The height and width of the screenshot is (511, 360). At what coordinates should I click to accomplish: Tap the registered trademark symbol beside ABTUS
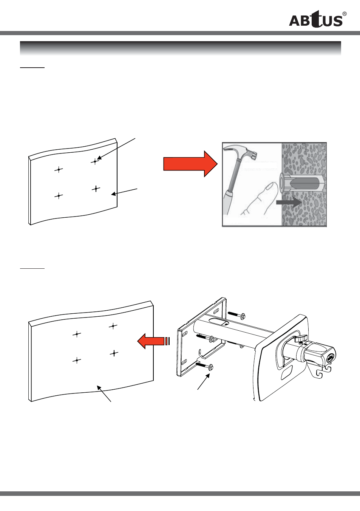click(x=345, y=14)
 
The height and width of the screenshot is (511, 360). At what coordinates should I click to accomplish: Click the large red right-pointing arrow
click(x=190, y=164)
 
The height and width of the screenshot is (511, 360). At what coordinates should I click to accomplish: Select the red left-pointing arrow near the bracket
click(x=153, y=341)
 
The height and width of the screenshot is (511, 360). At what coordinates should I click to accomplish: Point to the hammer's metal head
click(x=242, y=153)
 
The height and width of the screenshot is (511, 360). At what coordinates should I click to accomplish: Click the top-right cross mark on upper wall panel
click(x=95, y=161)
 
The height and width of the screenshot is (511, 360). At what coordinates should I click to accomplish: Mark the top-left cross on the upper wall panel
click(x=59, y=169)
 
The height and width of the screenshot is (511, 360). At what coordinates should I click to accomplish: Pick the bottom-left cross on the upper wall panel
click(x=59, y=196)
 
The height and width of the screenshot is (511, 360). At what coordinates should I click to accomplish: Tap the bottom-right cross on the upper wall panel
click(x=96, y=189)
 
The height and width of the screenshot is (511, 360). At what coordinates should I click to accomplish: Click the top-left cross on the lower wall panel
click(x=77, y=334)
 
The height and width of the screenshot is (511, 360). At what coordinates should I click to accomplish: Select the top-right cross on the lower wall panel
click(x=113, y=326)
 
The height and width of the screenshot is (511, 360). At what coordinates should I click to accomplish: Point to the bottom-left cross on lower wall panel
click(x=77, y=361)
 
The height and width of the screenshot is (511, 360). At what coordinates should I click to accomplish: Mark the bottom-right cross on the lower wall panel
click(x=114, y=353)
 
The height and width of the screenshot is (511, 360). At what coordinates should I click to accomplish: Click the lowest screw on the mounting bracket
click(x=204, y=366)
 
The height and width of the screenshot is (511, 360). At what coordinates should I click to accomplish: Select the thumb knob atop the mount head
click(x=301, y=339)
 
